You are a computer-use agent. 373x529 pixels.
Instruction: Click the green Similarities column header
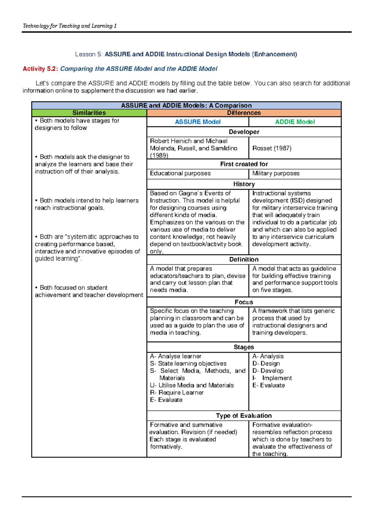coord(89,113)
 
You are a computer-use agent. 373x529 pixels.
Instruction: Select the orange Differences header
coord(244,113)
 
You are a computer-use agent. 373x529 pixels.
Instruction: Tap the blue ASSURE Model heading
coord(198,122)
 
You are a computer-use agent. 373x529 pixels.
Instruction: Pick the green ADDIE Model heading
coord(295,122)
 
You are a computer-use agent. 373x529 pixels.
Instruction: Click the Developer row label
coord(244,132)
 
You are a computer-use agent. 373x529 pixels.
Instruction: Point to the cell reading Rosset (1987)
coord(272,148)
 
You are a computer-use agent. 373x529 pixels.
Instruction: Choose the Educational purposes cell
coord(180,173)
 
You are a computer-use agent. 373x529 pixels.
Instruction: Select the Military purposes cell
coord(276,173)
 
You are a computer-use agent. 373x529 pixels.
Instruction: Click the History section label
coord(244,184)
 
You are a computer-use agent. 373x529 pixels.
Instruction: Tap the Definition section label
coord(244,259)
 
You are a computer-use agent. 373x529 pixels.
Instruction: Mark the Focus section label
coord(244,302)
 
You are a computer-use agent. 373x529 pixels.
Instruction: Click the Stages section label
coord(244,347)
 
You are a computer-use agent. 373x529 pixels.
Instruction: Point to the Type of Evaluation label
coord(244,416)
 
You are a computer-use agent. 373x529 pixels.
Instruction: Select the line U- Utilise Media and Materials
coord(192,385)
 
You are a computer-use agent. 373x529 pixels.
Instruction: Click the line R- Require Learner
coord(177,393)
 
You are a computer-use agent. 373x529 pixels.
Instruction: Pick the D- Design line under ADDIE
coord(266,364)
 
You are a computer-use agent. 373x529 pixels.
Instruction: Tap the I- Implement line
coord(272,378)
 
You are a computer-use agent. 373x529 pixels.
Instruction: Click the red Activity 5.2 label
coord(40,69)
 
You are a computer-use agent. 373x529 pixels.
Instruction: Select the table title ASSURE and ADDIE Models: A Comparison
coord(186,105)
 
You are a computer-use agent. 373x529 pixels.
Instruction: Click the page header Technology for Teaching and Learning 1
coord(70,26)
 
